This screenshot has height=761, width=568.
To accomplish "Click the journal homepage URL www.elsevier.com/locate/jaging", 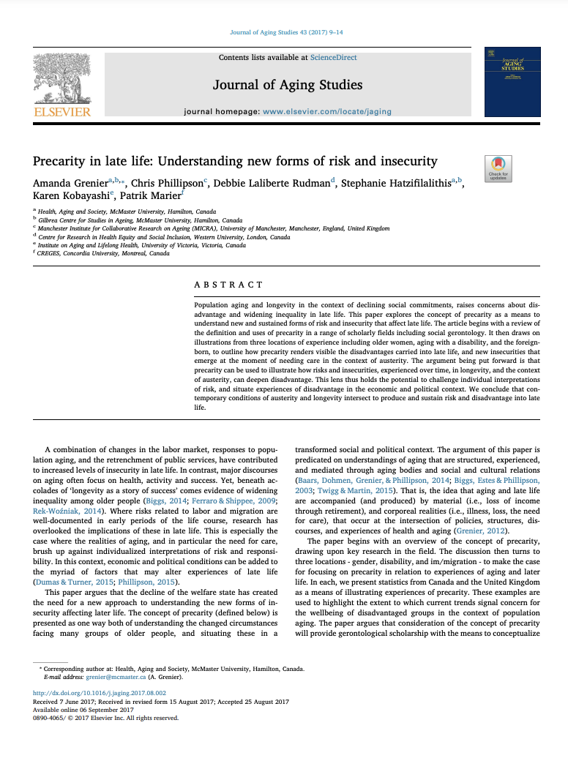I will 326,112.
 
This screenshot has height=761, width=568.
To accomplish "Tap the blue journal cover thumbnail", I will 512,82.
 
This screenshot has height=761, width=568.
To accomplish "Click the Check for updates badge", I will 498,168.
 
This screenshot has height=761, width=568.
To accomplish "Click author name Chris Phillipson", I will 167,182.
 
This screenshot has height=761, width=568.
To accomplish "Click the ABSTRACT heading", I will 228,284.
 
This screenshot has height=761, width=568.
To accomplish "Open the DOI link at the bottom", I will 100,692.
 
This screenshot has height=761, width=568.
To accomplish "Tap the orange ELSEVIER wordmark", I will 62,112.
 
